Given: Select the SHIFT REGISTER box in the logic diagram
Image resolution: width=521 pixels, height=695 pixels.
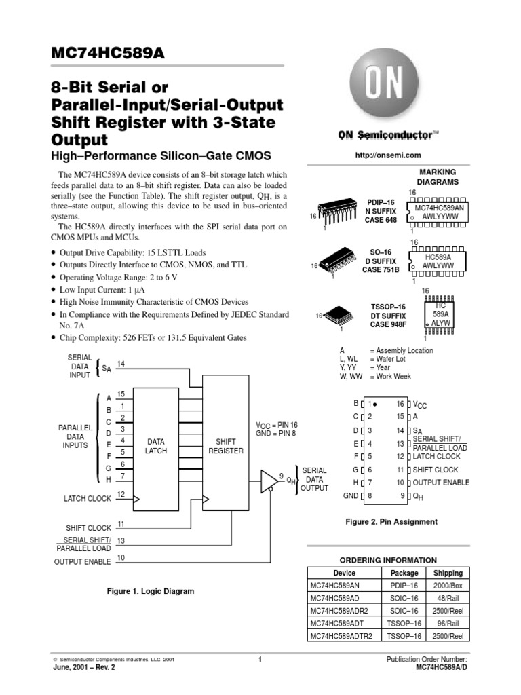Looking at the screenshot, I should (x=225, y=446).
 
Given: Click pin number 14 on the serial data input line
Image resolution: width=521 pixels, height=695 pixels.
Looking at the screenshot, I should (x=121, y=364).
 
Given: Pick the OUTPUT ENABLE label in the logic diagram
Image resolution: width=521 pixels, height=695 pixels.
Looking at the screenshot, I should (x=82, y=561).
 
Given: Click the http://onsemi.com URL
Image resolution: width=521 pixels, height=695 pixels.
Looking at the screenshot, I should (x=384, y=157).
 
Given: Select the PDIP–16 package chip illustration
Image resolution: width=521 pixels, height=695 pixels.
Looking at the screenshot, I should (x=336, y=216).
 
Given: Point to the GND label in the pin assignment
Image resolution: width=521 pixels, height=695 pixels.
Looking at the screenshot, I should (x=350, y=495).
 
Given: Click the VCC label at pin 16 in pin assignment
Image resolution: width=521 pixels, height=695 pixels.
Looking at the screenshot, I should (x=421, y=404).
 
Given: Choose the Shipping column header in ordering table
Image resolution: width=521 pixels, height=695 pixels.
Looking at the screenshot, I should (x=448, y=573).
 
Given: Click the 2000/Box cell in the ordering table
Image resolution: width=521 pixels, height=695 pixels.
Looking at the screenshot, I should (x=448, y=586).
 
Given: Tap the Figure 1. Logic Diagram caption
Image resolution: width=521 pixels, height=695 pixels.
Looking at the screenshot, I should (x=151, y=591).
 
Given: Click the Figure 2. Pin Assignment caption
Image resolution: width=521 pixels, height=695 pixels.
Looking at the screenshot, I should (x=391, y=521).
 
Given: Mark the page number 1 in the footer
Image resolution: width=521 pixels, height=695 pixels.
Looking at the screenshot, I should (x=260, y=660).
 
